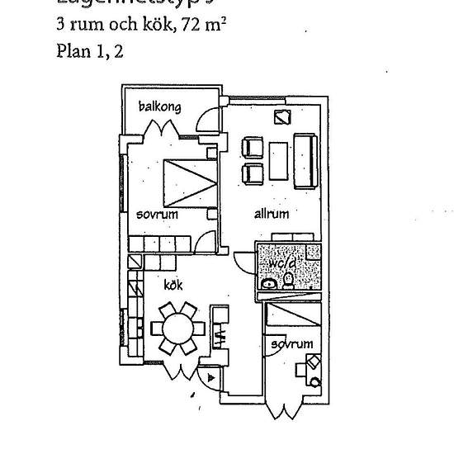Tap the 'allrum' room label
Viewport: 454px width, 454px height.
point(271,214)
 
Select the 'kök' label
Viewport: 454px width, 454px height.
point(173,285)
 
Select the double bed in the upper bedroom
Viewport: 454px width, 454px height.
point(190,182)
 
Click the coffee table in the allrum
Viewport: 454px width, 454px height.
point(280,160)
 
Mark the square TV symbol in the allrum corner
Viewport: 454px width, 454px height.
point(282,117)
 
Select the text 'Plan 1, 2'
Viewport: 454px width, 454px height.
point(90,51)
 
